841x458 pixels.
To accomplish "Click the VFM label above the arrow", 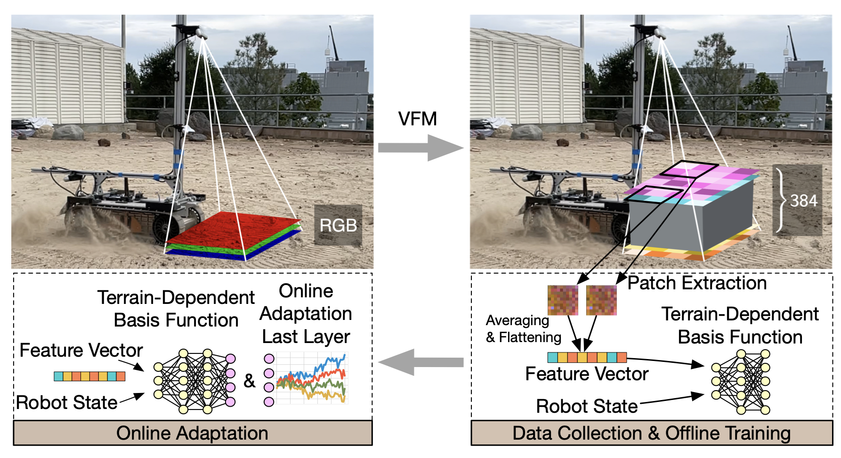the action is [x=418, y=119].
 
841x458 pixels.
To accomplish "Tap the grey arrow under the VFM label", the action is [x=420, y=147].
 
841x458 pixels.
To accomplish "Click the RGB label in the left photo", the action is [x=338, y=225].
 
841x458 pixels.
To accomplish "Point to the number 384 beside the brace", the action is [x=804, y=201].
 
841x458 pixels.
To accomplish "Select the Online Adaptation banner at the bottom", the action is [x=193, y=433].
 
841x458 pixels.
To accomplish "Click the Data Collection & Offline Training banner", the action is [x=652, y=433].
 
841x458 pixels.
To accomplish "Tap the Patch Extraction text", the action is [x=697, y=283].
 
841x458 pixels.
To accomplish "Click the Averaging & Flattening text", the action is [x=524, y=329].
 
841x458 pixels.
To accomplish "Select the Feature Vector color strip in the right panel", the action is [x=587, y=357].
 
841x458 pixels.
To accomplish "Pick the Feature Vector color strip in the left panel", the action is [x=89, y=376].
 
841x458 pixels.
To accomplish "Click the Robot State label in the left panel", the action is [x=67, y=403].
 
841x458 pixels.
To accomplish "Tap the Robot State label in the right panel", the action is [x=587, y=406].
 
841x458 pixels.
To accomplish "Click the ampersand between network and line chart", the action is [x=249, y=381].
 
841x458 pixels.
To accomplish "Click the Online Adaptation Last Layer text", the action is [x=306, y=314].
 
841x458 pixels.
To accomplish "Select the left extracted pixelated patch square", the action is [x=563, y=300].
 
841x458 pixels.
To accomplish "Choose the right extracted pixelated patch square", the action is [x=601, y=300].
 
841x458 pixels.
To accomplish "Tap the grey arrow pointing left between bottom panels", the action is [x=420, y=362].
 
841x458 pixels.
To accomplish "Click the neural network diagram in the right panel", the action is [x=741, y=382].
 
